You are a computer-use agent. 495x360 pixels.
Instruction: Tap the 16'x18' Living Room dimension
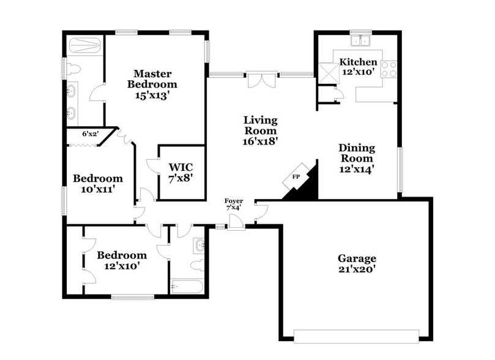[260, 141]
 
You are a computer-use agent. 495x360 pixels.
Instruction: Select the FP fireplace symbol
[296, 177]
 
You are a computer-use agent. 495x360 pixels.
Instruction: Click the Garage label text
[357, 258]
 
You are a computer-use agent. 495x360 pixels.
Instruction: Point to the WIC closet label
[181, 167]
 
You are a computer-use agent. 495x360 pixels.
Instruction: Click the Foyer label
[234, 201]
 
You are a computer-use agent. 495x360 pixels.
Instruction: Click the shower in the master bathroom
[84, 45]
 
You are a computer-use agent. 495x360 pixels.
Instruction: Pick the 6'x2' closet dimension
[91, 133]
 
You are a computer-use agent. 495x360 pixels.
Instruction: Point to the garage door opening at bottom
[356, 336]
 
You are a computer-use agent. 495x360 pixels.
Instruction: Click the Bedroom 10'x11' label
[98, 184]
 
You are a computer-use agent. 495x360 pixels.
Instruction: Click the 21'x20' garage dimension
[357, 269]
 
